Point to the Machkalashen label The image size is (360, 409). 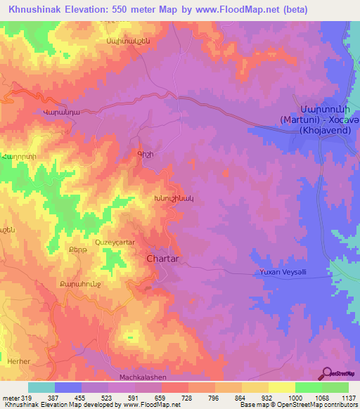point(141,377)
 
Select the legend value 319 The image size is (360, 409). point(25,397)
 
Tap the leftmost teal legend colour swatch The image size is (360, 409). point(41,387)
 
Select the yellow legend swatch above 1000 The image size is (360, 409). point(281,387)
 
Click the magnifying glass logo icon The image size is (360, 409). point(327,372)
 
